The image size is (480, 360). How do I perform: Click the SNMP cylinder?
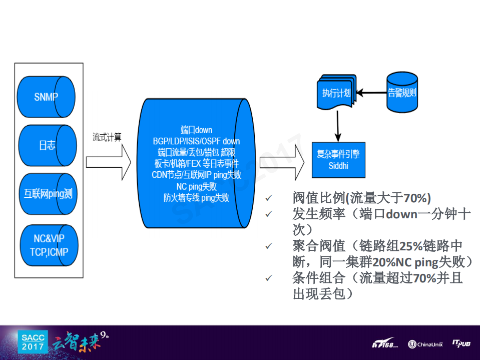(x=46, y=97)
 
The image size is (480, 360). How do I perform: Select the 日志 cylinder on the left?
(x=46, y=145)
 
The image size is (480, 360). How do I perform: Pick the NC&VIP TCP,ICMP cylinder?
(x=47, y=246)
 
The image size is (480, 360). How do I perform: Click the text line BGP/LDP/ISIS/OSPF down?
(x=196, y=141)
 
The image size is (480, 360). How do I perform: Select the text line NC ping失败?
(x=196, y=186)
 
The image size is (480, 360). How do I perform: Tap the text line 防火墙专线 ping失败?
(x=196, y=198)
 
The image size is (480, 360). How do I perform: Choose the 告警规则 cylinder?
(x=402, y=92)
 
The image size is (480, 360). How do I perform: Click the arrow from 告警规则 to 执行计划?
(x=371, y=93)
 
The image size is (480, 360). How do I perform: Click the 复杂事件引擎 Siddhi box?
(x=338, y=160)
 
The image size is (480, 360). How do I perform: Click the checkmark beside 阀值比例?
(x=269, y=198)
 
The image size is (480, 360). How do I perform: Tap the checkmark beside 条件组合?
(x=269, y=278)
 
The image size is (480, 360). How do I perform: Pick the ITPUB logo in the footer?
(x=461, y=343)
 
